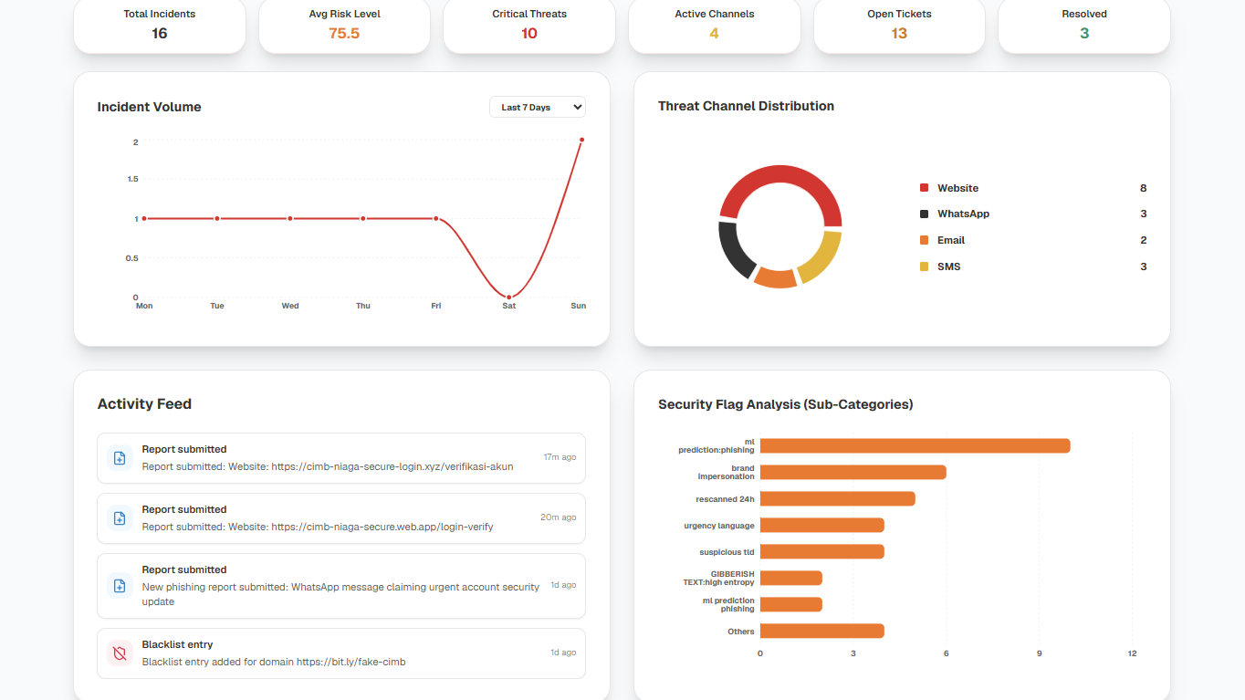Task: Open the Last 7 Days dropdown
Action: (x=538, y=107)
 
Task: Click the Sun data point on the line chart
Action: (x=581, y=140)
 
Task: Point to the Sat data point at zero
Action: (x=508, y=298)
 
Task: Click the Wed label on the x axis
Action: (x=290, y=306)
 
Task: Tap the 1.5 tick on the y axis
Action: (x=133, y=179)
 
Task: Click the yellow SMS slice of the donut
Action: (x=822, y=258)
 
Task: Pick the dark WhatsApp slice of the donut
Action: (x=734, y=250)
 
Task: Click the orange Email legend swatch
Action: (x=925, y=240)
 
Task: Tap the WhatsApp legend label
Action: (x=963, y=214)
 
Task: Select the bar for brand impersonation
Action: (x=853, y=472)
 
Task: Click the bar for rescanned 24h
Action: (x=838, y=499)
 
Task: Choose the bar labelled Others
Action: (x=822, y=632)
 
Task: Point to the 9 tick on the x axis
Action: (x=1040, y=653)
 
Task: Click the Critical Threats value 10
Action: (x=529, y=34)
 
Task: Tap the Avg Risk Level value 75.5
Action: (x=344, y=34)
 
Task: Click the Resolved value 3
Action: (x=1084, y=34)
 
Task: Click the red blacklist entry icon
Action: (x=120, y=653)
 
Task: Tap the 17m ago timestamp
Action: (x=560, y=457)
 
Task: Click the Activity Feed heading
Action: (x=144, y=404)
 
